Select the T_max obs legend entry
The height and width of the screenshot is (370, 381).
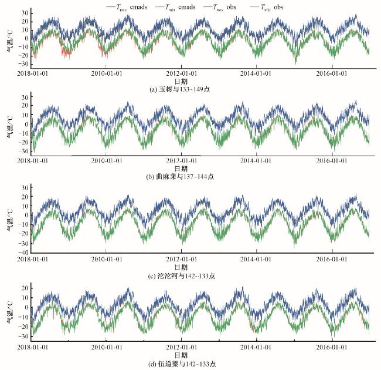(x=232, y=6)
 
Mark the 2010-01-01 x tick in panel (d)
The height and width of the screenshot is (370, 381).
(x=106, y=347)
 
